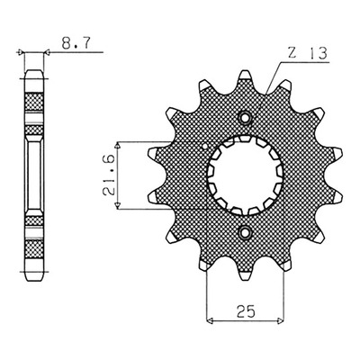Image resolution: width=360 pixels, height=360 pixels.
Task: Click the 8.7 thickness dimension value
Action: coord(76,43)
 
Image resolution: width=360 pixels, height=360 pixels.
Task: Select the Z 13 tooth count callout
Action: coord(307,54)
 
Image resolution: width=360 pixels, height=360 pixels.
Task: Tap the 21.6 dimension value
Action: coord(109,175)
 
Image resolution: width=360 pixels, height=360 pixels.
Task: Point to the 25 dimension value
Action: coord(246,311)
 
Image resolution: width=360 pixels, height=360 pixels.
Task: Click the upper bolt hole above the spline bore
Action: coord(245,118)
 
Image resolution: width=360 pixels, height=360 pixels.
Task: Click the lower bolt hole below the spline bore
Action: coord(245,232)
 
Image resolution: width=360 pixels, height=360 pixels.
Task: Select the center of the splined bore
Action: coord(246,175)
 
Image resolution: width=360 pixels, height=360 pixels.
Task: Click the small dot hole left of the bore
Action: coord(205,147)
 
